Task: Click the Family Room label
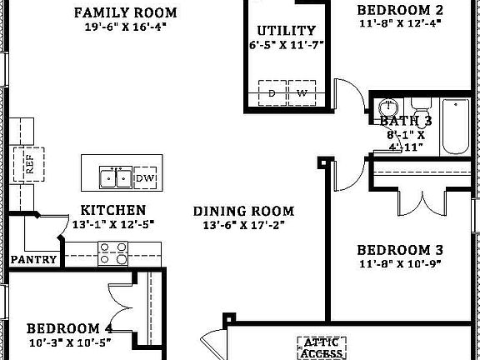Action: (125, 12)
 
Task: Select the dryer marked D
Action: (272, 93)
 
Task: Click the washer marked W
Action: (302, 93)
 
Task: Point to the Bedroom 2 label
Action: (399, 11)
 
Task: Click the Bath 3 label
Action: (406, 121)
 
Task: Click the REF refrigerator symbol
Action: (30, 162)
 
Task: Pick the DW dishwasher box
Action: (144, 177)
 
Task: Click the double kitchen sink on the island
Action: (115, 177)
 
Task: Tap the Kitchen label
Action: (113, 211)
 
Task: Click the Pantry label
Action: (33, 259)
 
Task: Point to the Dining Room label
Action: (243, 212)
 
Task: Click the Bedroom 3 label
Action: (399, 249)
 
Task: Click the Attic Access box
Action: (322, 347)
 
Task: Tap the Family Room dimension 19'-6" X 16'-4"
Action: (125, 27)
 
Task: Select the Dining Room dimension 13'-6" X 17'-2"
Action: (243, 225)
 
